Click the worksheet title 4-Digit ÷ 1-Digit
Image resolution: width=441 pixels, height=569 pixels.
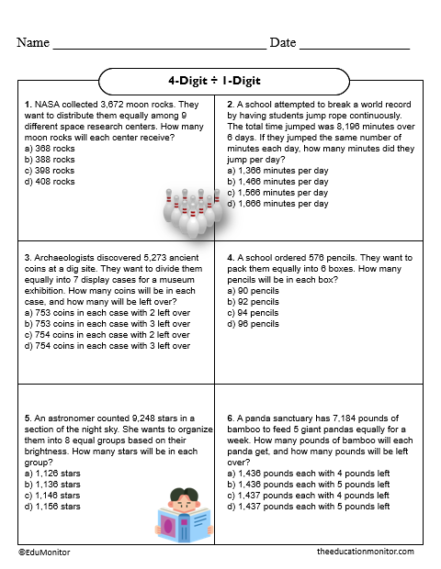[220, 81]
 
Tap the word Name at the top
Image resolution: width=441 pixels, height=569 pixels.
[33, 43]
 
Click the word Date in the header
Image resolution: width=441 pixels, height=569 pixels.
[283, 43]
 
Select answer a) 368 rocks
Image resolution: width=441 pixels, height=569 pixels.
[51, 148]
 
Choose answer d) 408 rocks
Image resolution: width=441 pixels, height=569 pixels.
[51, 182]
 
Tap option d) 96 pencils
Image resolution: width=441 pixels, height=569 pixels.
[253, 324]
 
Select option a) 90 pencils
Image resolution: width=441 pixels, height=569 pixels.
[253, 291]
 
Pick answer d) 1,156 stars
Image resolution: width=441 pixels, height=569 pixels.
[52, 506]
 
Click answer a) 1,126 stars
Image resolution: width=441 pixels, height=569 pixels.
[52, 473]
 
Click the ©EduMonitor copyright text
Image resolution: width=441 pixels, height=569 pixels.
[44, 552]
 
